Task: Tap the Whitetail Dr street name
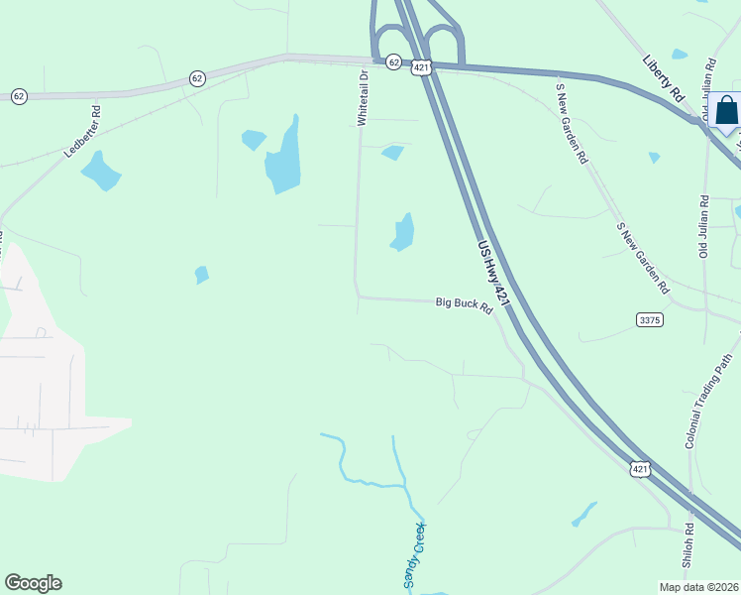click(363, 97)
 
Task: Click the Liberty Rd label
click(664, 79)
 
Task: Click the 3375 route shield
click(650, 320)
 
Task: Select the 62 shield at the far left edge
click(19, 96)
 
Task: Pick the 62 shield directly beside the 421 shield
click(393, 62)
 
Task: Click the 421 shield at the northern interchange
click(422, 67)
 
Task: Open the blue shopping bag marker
click(726, 111)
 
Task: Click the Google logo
click(33, 583)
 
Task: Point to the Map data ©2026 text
click(698, 587)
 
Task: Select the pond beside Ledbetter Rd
click(100, 171)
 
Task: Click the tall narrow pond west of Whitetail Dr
click(283, 159)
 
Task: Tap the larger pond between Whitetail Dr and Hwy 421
click(402, 233)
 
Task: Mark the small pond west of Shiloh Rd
click(583, 514)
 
